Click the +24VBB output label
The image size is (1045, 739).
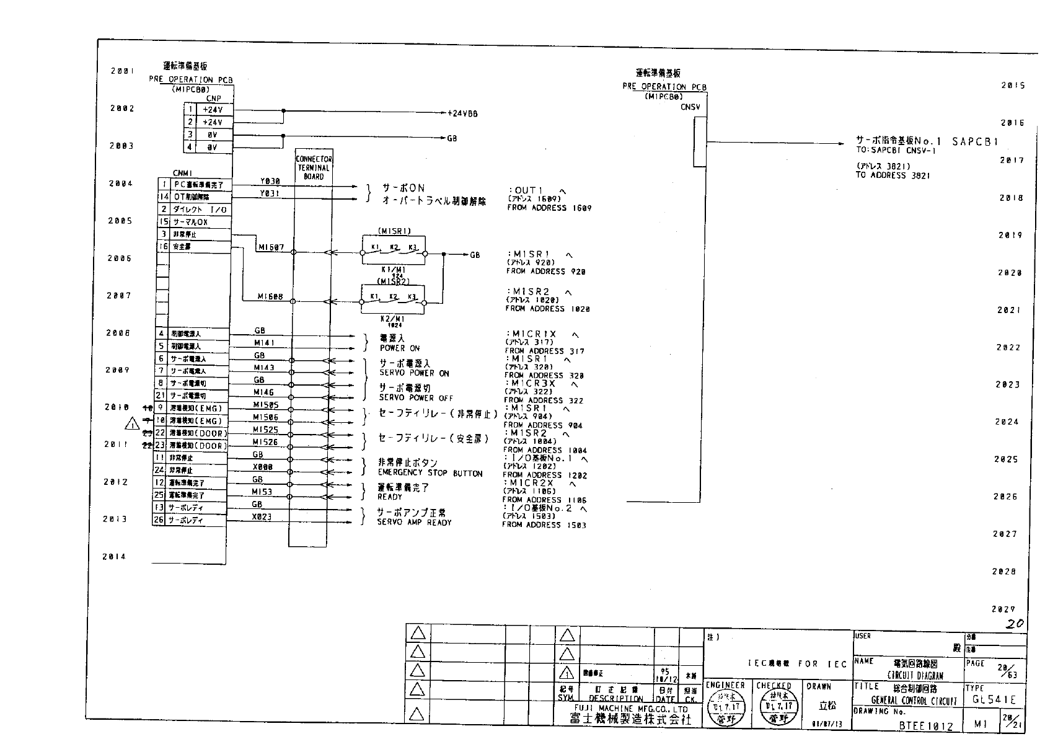point(462,113)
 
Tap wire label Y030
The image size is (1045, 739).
point(270,181)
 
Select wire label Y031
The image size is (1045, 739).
point(270,193)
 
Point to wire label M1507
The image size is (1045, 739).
point(271,247)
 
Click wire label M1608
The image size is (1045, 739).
point(270,297)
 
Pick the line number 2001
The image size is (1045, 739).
point(122,71)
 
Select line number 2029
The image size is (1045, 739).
point(1003,609)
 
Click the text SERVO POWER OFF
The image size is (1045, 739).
point(416,398)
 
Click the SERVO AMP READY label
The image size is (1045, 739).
point(414,523)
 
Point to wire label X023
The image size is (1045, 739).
point(262,516)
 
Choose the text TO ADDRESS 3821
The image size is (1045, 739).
point(893,175)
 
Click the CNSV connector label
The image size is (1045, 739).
point(690,107)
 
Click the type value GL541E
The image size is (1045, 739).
point(994,699)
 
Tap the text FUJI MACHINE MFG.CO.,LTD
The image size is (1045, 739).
point(630,709)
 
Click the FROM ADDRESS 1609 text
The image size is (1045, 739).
point(549,208)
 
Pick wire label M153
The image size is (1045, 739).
point(262,492)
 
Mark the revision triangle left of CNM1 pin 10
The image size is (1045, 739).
point(132,424)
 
